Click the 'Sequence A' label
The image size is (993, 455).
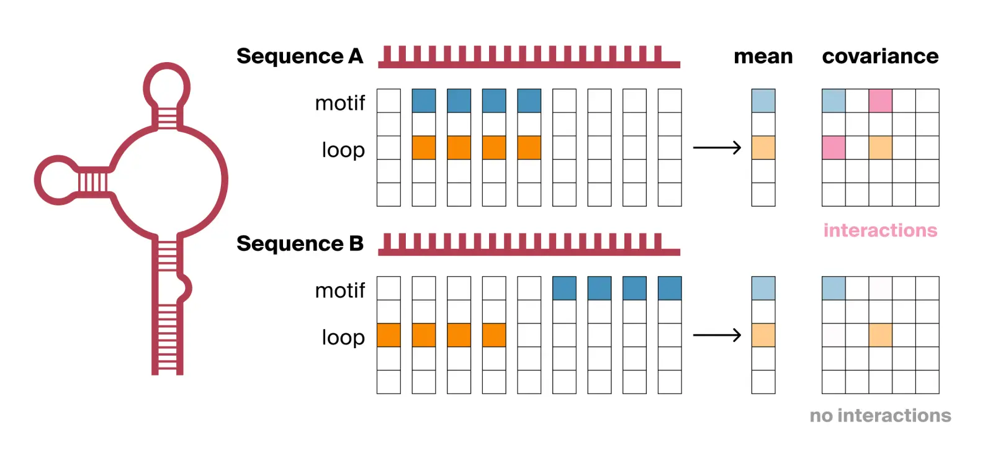299,56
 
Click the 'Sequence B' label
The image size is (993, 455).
299,244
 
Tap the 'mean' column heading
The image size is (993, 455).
763,56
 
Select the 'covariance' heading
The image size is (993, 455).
880,56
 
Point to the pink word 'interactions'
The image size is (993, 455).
880,230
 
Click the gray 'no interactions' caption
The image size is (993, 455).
880,415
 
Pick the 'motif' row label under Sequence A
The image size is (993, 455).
339,102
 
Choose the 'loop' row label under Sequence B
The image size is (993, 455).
343,337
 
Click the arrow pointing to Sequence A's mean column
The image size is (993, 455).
717,148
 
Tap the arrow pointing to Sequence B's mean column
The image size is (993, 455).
717,335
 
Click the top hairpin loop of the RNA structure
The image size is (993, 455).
166,85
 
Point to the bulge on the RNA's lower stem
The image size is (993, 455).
184,287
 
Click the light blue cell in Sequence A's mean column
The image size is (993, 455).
763,101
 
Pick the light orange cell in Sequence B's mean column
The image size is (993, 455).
763,335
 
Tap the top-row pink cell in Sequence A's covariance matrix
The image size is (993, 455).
880,101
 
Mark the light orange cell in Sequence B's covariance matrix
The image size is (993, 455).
880,335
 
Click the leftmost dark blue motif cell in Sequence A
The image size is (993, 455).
424,101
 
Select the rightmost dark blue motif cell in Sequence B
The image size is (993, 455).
670,288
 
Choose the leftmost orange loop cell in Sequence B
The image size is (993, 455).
389,335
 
